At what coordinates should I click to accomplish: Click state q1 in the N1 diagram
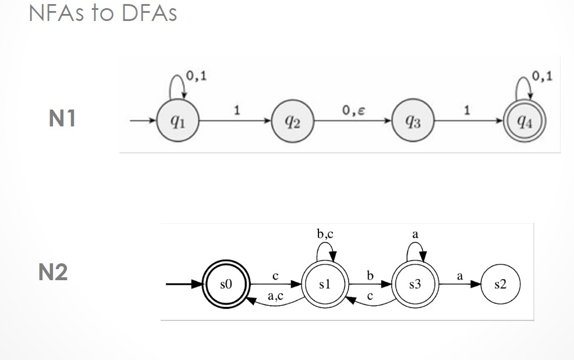coord(178,121)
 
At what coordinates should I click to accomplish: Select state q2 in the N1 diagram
coord(293,121)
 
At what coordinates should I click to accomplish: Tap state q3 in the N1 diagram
coord(412,121)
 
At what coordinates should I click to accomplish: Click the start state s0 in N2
coord(226,284)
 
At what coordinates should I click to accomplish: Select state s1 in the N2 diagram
coord(324,284)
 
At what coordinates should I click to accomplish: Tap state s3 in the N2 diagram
coord(414,284)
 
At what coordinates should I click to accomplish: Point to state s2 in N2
coord(500,284)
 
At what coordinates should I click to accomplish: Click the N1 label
coord(62,119)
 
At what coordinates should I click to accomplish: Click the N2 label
coord(53,271)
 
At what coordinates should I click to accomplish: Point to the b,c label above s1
coord(325,235)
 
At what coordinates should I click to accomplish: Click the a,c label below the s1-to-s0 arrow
coord(276,297)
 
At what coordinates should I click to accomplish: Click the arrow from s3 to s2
coord(459,284)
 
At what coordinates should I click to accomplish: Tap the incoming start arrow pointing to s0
coord(184,284)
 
